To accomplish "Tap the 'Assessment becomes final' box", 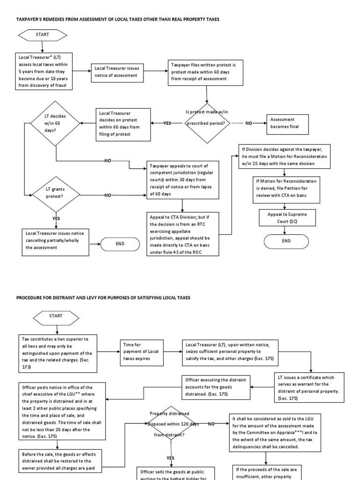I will (287, 123).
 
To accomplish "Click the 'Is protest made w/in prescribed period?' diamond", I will (207, 123).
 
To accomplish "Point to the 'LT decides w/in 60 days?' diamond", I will (55, 123).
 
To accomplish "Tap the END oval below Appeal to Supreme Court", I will (286, 241).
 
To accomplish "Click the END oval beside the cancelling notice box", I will (120, 244).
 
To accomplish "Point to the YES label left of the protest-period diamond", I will (167, 123).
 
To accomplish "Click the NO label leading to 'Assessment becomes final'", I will (249, 123).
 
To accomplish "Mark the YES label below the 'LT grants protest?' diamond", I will (56, 218).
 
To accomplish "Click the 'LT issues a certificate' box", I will (309, 387).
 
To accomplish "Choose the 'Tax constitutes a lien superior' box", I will (58, 353).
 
